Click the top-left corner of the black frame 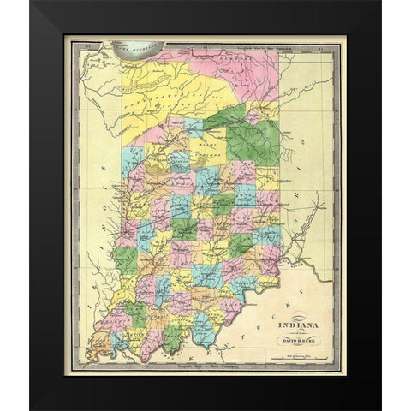click(x=31, y=3)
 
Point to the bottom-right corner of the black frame click(x=380, y=408)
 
